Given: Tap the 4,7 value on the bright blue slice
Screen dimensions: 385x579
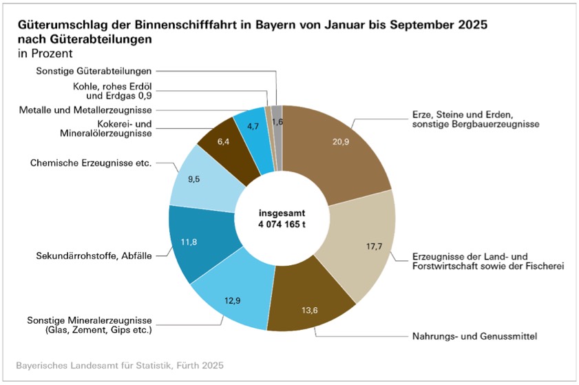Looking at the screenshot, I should coord(252,126).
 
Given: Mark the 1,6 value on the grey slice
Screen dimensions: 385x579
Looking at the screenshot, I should coord(277,121).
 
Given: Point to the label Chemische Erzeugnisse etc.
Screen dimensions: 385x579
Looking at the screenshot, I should coord(90,163).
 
